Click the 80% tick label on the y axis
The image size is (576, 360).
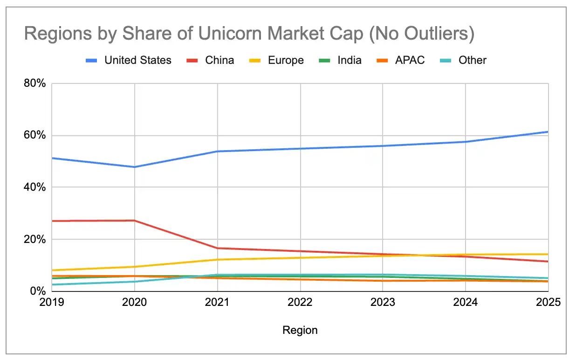35,83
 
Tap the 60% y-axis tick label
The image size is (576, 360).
35,135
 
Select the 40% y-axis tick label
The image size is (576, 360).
35,187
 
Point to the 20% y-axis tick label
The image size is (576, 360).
35,239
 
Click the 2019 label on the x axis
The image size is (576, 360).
52,302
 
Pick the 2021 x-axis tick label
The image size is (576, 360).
217,302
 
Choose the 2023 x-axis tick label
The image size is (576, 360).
383,302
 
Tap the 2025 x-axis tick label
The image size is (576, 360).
548,302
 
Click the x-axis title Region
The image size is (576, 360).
300,330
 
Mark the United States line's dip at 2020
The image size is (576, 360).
134,166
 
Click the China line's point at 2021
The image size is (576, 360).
217,248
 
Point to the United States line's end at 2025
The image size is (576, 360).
548,132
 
